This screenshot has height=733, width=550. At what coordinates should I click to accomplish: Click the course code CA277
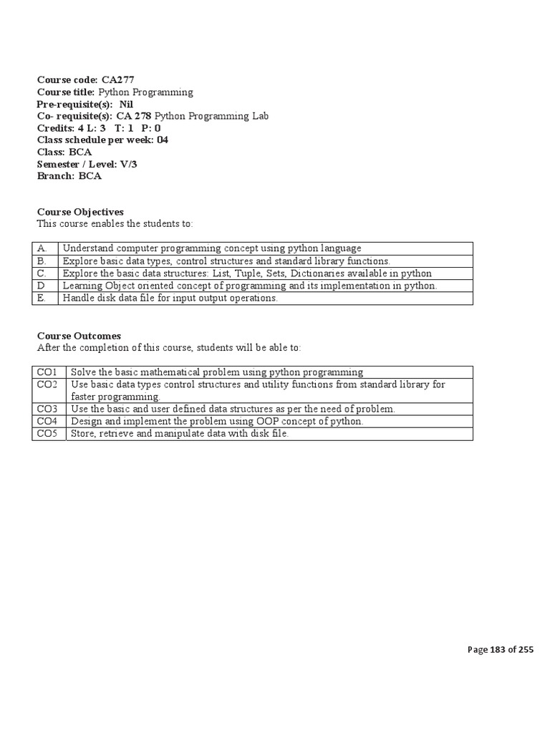[117, 80]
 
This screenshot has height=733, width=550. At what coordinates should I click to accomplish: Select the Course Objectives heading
[80, 212]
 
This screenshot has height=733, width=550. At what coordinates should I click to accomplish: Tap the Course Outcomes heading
[79, 336]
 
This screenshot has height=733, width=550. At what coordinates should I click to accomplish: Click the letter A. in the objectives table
[42, 248]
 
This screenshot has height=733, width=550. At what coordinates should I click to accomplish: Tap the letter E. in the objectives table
[42, 298]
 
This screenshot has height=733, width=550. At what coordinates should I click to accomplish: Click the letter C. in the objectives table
[42, 273]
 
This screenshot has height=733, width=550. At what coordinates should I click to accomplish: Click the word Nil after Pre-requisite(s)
[126, 104]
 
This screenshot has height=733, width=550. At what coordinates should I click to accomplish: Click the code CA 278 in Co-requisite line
[134, 116]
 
